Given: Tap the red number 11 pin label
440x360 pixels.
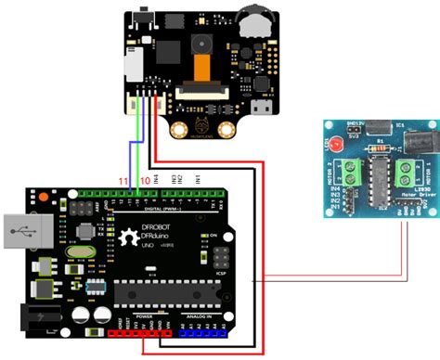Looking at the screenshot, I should pos(122,178).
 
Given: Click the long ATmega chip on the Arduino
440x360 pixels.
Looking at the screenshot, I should pos(168,295).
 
